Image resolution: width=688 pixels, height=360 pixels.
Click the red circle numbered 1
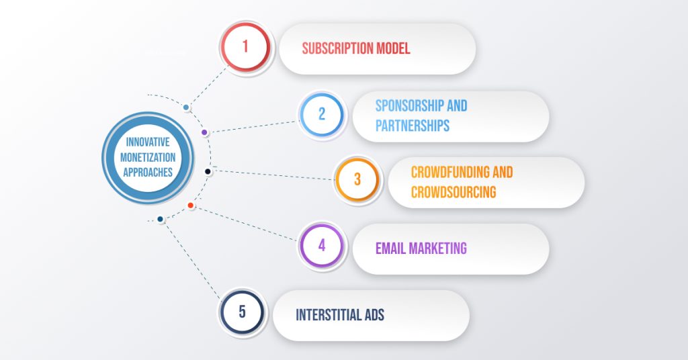(x=245, y=47)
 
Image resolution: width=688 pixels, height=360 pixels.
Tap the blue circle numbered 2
(x=322, y=114)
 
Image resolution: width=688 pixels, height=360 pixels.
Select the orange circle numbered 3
(x=357, y=180)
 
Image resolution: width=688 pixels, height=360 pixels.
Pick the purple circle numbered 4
(x=322, y=245)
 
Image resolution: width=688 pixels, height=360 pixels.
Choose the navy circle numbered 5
(x=242, y=312)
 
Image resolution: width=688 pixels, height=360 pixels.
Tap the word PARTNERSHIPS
(x=413, y=126)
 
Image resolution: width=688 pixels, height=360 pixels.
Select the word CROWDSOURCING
(x=454, y=192)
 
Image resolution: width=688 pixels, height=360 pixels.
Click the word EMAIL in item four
(x=390, y=248)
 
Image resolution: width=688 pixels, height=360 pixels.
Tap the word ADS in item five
(x=373, y=315)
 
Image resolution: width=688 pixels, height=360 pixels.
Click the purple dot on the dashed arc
(x=204, y=132)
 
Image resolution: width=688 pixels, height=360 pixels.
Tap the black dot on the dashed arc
(x=208, y=171)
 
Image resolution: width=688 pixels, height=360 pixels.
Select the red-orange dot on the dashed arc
(x=191, y=205)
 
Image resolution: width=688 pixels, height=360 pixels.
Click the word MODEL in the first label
(x=392, y=48)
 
